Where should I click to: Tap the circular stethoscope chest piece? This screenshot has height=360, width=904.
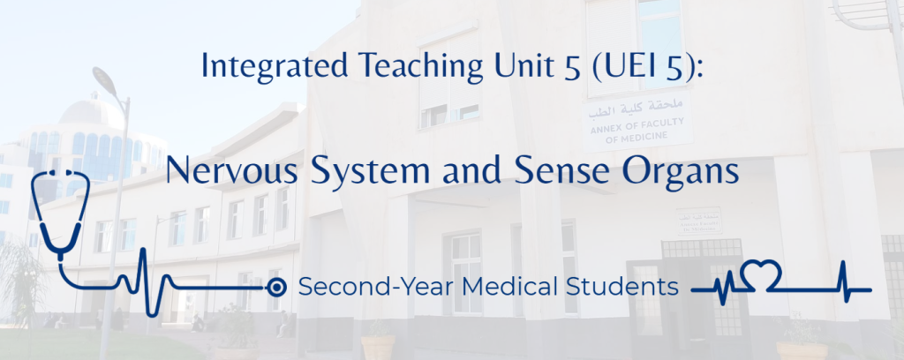pyautogui.click(x=276, y=287)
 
